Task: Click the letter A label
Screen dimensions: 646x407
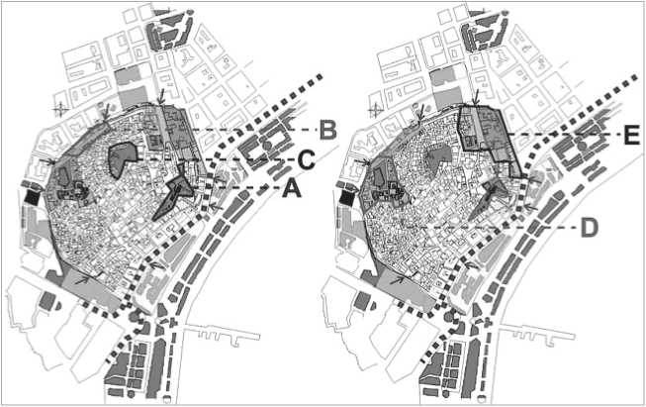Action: click(x=292, y=190)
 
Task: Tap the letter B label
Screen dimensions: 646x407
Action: click(x=328, y=130)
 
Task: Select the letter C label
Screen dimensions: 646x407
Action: click(x=307, y=160)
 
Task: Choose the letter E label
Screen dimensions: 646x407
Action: click(x=631, y=136)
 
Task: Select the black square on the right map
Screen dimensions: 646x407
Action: click(x=347, y=199)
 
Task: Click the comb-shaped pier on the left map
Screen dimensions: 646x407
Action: click(x=223, y=335)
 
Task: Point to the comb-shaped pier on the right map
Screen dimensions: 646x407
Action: click(x=537, y=335)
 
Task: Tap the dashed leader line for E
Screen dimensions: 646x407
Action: click(x=564, y=135)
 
